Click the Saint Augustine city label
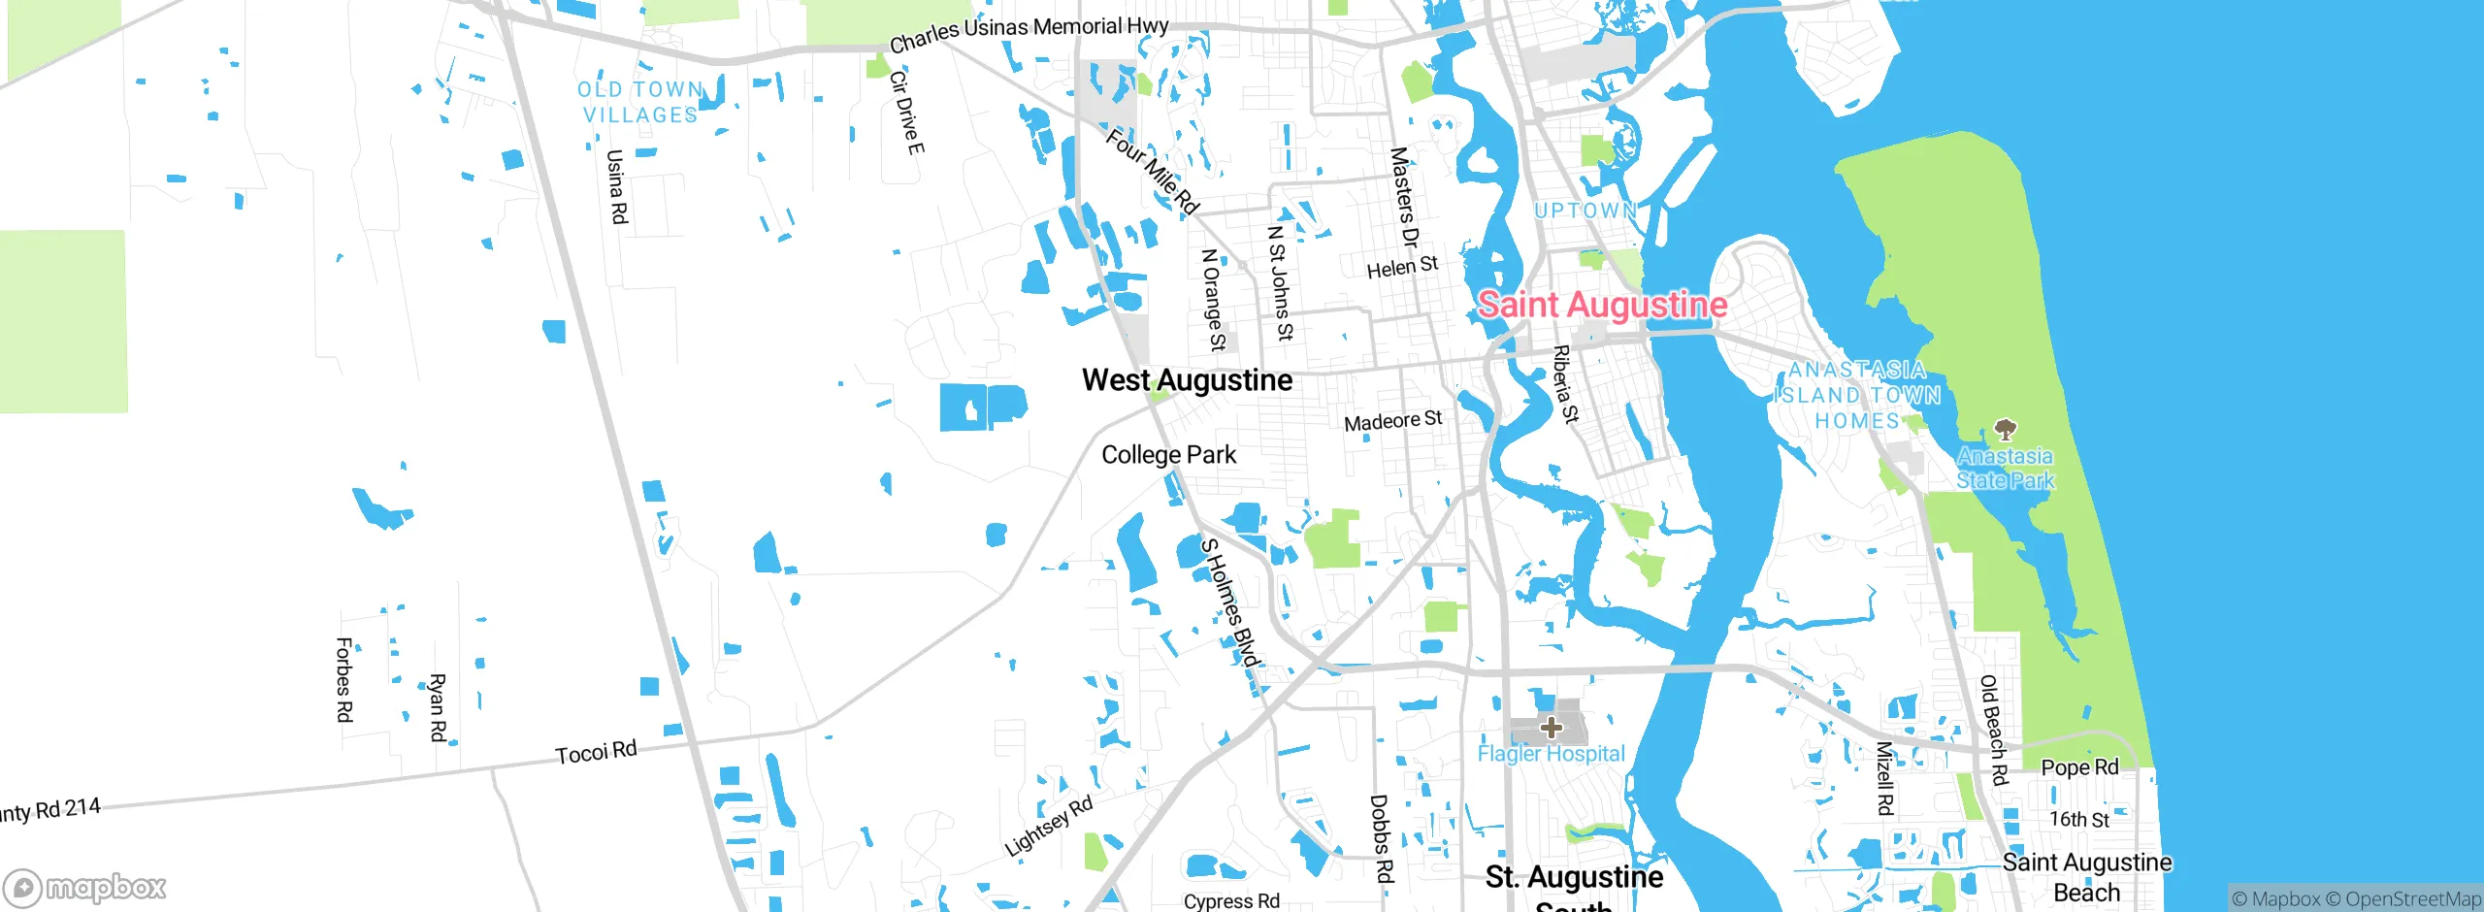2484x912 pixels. pos(1602,305)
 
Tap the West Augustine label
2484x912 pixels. pos(1187,380)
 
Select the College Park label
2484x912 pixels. pos(1168,455)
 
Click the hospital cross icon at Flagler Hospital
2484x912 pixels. pos(1551,728)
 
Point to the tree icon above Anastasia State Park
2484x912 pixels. pos(2005,429)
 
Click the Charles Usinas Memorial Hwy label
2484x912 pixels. pos(1029,34)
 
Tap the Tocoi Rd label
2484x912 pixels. pos(596,752)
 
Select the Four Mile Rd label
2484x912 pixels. pos(1152,172)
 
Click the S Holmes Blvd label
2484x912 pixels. pos(1229,603)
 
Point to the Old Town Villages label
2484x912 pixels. pos(640,102)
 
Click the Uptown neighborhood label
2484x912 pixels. pos(1585,211)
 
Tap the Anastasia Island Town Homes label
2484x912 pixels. pos(1857,396)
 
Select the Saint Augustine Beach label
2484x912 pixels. pos(2087,877)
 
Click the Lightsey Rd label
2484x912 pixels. pos(1049,827)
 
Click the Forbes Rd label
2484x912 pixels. pos(343,679)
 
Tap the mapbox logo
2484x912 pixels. pos(85,888)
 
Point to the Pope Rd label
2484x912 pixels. pos(2079,767)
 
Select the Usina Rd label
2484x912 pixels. pos(616,186)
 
